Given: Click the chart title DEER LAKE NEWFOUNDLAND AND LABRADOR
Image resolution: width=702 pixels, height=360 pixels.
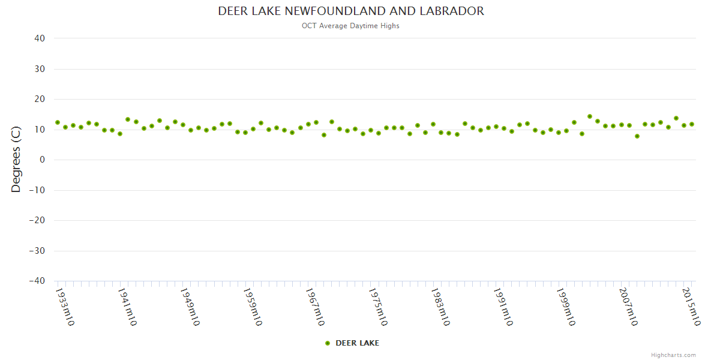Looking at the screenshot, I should tap(351, 11).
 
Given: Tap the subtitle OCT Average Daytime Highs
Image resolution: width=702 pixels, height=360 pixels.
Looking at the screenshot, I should tap(351, 26).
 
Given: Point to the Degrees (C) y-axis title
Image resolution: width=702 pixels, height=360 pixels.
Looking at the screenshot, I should tap(16, 160).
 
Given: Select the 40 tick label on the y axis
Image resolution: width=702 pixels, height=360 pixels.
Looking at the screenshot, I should tap(40, 38).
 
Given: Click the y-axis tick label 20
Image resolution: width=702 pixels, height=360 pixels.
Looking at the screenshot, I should tap(40, 99).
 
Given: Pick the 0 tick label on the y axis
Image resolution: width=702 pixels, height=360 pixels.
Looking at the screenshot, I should tap(42, 160).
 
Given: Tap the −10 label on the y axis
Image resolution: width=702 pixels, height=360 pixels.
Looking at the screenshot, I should tap(37, 190).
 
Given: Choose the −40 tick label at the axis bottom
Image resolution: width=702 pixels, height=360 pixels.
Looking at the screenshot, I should tap(37, 281).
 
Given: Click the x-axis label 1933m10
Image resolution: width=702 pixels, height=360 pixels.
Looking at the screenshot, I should tap(65, 307).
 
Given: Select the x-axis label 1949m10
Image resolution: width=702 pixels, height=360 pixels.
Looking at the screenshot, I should tap(190, 307).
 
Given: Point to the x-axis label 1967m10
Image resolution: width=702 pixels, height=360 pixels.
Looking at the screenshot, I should tap(316, 307).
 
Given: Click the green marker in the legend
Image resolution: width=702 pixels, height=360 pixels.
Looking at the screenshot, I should tap(328, 343).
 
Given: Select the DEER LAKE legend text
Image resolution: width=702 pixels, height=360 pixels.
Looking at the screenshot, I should tap(357, 343).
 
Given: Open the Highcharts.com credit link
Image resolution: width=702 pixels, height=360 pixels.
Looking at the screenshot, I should tap(674, 355).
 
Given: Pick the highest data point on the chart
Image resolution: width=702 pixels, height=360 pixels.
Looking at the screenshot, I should tap(590, 116).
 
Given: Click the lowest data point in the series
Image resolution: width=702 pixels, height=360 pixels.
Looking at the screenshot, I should tap(637, 136).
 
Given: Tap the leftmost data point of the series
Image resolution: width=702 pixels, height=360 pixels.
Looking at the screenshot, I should tap(58, 122).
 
